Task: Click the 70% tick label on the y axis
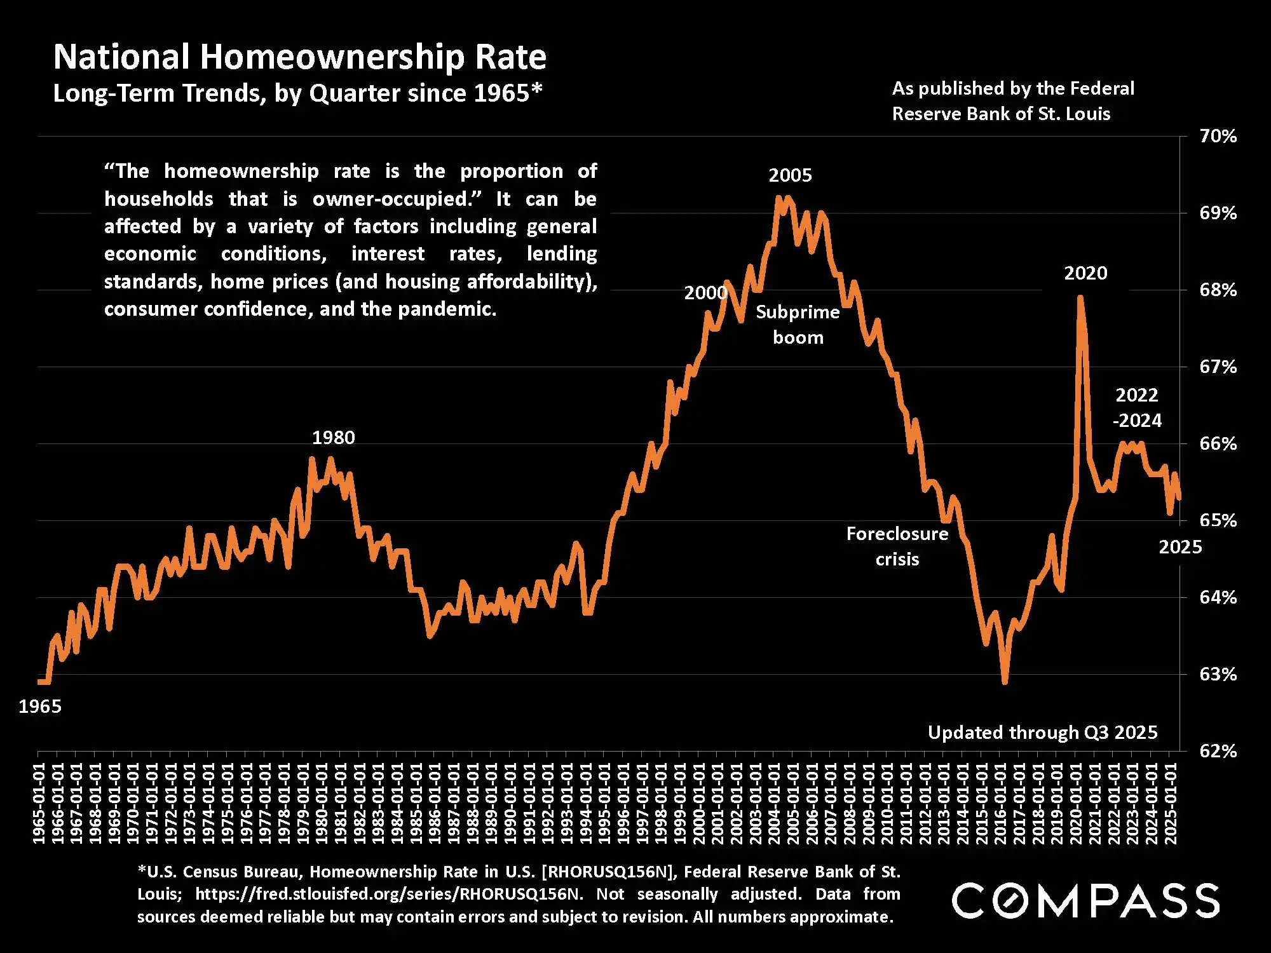[1218, 136]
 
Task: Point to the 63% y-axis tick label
[1218, 674]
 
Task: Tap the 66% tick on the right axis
[1218, 443]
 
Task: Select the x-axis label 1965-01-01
[39, 804]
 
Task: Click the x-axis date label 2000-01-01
[698, 804]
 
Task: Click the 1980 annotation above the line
[333, 437]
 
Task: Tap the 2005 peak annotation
[790, 175]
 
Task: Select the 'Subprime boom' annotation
[798, 325]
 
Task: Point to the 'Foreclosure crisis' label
[897, 546]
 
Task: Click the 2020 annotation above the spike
[1085, 273]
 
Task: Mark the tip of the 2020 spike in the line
[1080, 298]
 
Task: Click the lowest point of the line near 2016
[1005, 682]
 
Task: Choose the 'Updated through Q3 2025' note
[1042, 733]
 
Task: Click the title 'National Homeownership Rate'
[299, 57]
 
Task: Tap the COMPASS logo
[1085, 900]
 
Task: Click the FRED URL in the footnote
[388, 894]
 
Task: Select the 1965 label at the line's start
[40, 706]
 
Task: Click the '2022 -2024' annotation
[1137, 407]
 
